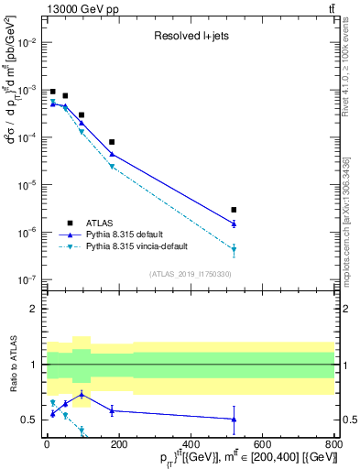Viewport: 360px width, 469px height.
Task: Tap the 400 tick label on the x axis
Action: (x=191, y=445)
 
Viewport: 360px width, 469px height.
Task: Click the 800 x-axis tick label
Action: (x=333, y=445)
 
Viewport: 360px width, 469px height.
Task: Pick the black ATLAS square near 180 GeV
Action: (x=111, y=142)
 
